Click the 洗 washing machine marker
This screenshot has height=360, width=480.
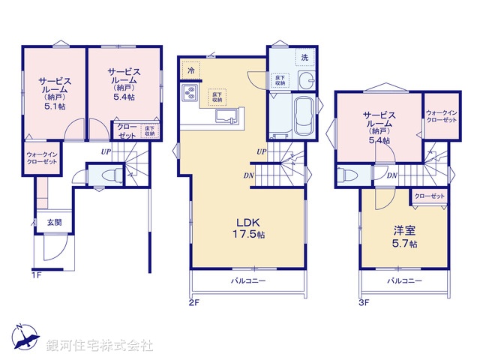click(304, 57)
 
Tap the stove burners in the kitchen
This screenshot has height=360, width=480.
click(190, 94)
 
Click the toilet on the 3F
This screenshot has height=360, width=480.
click(345, 175)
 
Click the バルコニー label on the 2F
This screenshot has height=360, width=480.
click(247, 280)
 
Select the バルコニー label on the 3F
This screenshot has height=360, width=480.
click(404, 280)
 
